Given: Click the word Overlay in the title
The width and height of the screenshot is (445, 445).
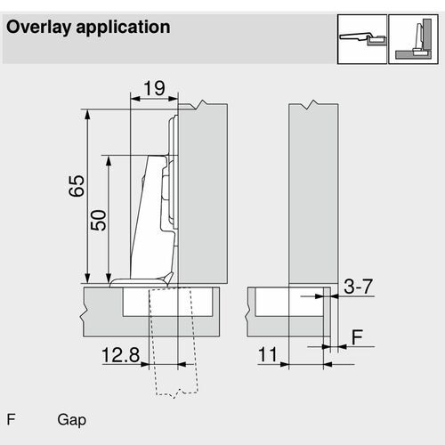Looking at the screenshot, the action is pos(38,28).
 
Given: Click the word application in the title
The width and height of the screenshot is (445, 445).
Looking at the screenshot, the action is pos(123,28).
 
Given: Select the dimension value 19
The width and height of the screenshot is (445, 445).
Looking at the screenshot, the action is pos(154,88).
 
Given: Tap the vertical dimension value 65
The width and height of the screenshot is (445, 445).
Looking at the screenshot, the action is pos(77,186).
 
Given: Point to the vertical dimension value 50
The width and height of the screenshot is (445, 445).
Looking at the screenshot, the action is pos(98,220).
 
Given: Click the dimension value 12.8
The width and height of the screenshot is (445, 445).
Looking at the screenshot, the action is pos(120,355).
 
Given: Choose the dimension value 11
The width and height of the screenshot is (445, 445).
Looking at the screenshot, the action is pos(267,354).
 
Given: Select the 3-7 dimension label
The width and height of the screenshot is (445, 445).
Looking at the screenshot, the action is pos(358,287).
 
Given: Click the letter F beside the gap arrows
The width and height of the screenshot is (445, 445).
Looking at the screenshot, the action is pos(357,337).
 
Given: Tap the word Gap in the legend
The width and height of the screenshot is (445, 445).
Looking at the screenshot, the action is pos(72,420).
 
